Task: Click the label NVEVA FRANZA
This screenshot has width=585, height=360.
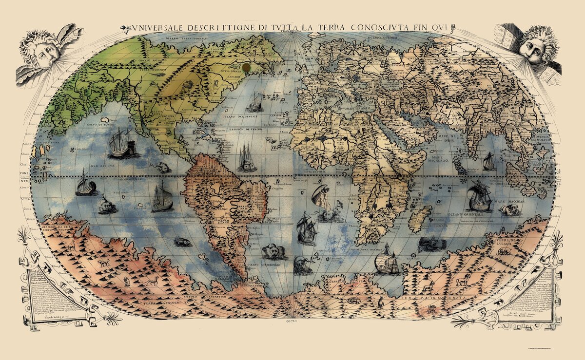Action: coord(233,70)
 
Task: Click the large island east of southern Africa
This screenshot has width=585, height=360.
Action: coord(419,218)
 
